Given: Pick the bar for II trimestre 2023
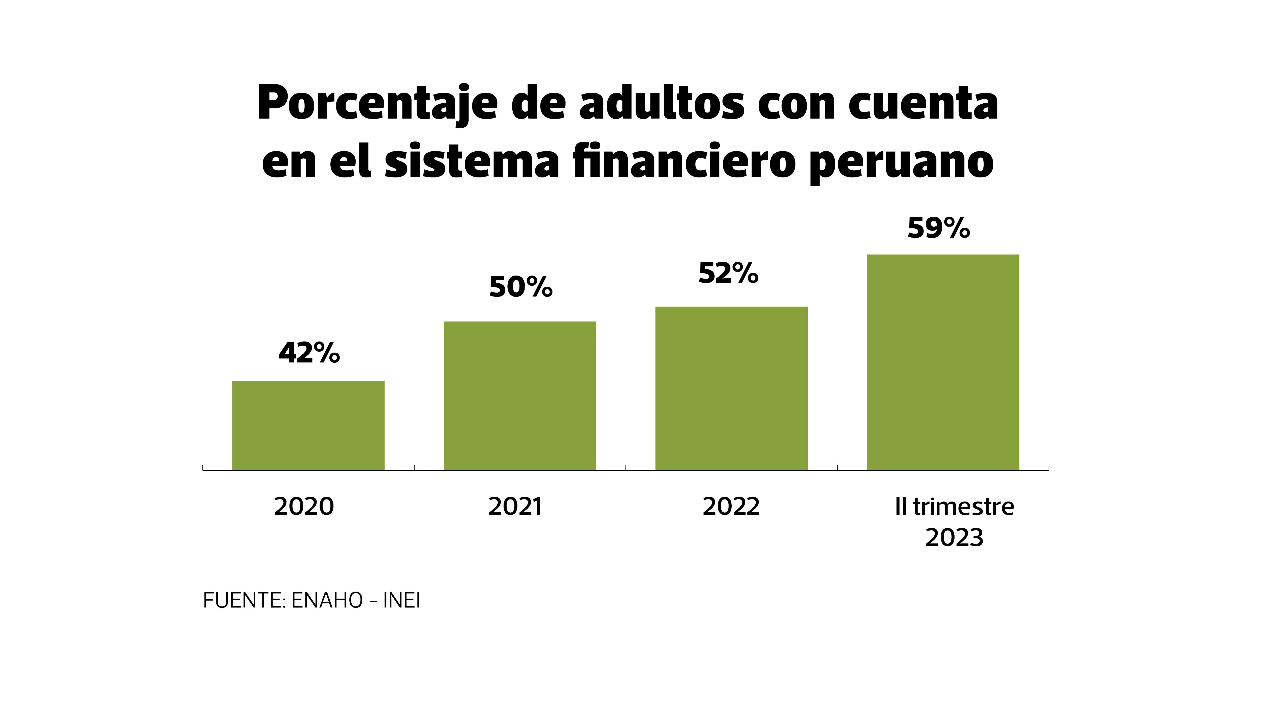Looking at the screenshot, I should (x=943, y=362).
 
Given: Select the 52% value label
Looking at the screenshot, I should (x=728, y=273).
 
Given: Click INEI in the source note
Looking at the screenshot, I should (x=401, y=601).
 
